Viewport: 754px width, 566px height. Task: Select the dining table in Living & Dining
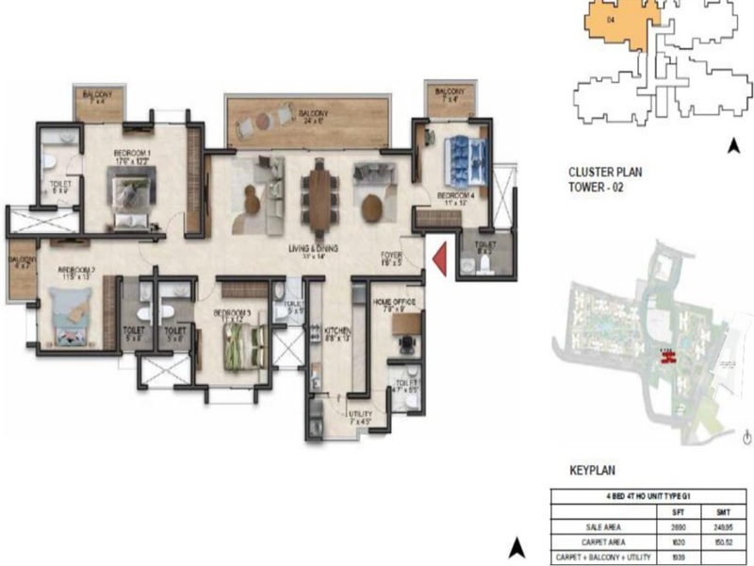click(318, 195)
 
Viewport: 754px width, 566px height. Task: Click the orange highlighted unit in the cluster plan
click(614, 24)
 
